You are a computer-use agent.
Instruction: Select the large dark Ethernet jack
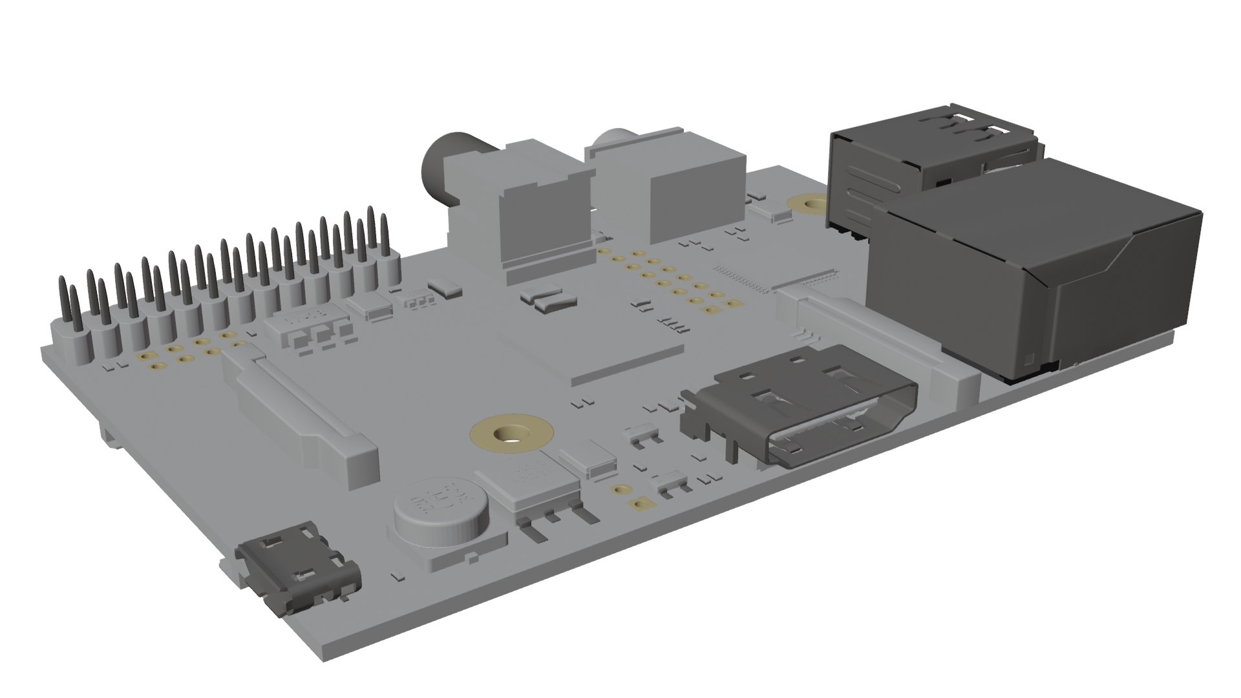[1034, 271]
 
